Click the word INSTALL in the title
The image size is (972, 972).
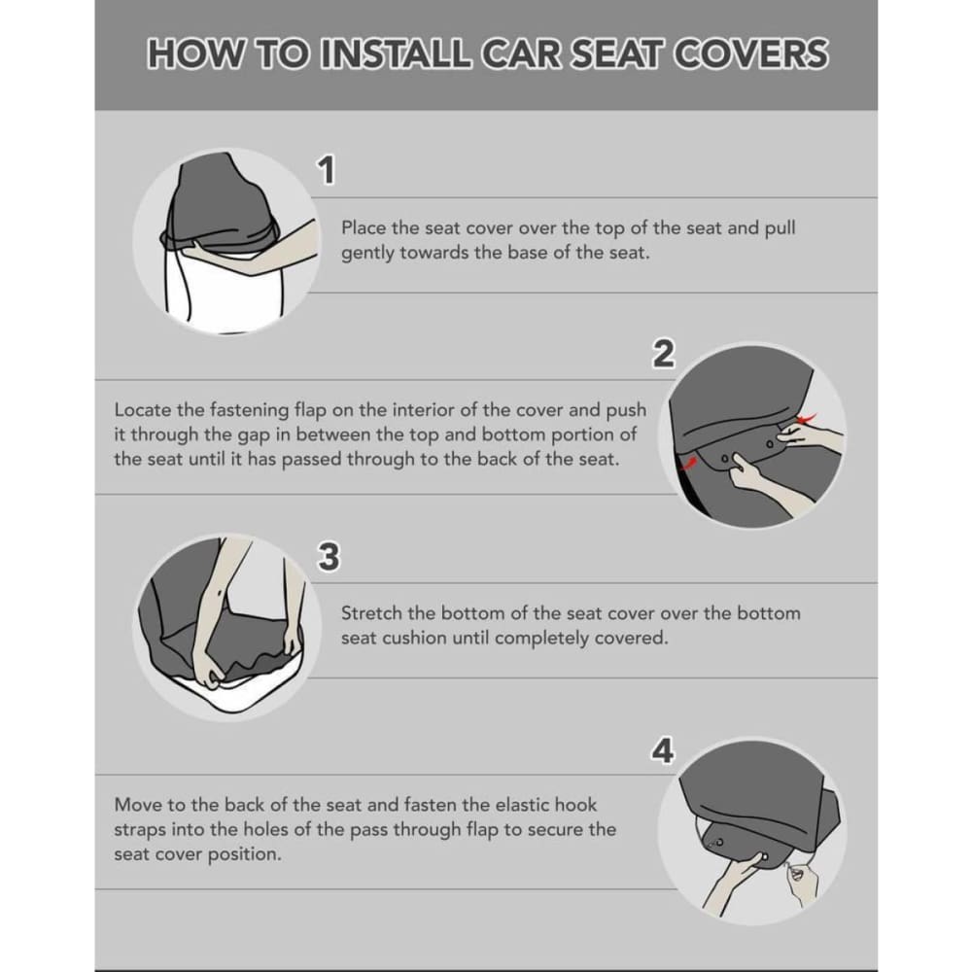pos(403,54)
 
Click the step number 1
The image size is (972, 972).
pos(328,171)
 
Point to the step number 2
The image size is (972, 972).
pos(662,355)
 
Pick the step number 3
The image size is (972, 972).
pos(329,557)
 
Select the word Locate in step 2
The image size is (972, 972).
pos(142,410)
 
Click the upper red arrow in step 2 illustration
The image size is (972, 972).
pos(806,419)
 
